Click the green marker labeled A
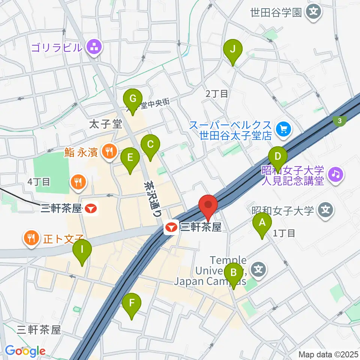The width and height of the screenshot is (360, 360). pos(262,223)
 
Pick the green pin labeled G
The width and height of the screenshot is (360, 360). pos(132,99)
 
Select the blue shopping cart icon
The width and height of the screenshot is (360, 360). pos(282,130)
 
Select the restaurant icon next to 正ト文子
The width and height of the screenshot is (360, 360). pos(31,238)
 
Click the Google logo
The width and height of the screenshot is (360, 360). pos(25,351)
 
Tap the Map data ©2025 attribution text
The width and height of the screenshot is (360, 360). pos(327,354)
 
